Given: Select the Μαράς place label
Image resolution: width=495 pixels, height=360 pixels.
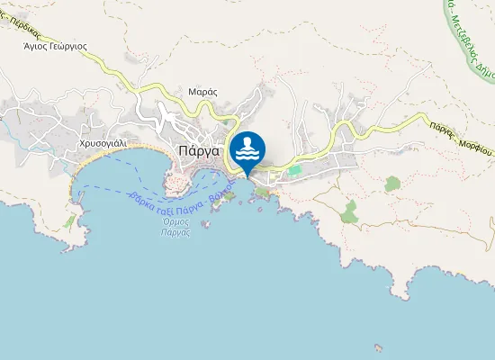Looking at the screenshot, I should pyautogui.click(x=203, y=91).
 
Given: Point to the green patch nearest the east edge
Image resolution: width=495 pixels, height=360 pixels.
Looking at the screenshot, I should pyautogui.click(x=391, y=184).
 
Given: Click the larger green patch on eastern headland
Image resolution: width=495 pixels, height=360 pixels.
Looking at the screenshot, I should pyautogui.click(x=349, y=212).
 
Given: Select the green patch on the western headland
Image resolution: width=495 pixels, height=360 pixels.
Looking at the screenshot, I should pyautogui.click(x=69, y=220).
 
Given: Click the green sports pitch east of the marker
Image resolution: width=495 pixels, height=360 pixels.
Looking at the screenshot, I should pyautogui.click(x=294, y=169).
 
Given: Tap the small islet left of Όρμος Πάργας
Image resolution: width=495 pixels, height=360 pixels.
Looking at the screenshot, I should pyautogui.click(x=205, y=224).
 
